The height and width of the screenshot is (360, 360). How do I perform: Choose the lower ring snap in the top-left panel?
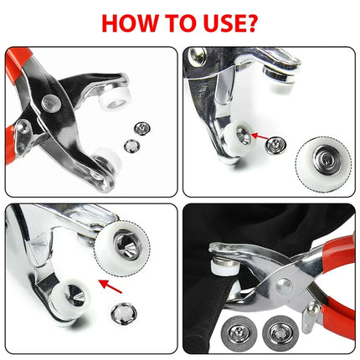tap(130, 146)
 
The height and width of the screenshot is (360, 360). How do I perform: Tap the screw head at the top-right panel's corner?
tap(197, 57)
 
